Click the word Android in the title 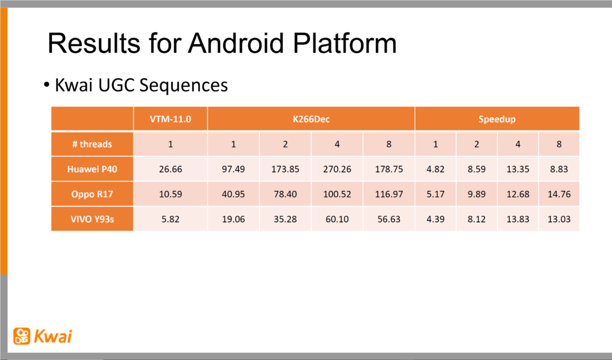click(x=236, y=43)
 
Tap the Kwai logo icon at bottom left click(x=22, y=336)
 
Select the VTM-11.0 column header click(x=171, y=119)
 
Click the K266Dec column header click(x=311, y=119)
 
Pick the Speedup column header click(x=497, y=119)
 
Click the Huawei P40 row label click(x=92, y=169)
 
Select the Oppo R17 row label click(x=92, y=194)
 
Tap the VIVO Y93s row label click(x=92, y=219)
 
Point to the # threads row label click(x=92, y=144)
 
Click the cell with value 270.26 click(x=337, y=169)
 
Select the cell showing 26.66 click(x=171, y=169)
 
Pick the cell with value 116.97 click(x=389, y=194)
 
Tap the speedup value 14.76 click(x=559, y=194)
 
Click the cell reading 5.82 click(x=171, y=219)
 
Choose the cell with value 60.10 click(x=337, y=219)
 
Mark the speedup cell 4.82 click(x=436, y=169)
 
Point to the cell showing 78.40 click(x=285, y=194)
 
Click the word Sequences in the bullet click(x=184, y=86)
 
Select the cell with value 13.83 click(x=518, y=219)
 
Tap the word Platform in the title click(x=345, y=43)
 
